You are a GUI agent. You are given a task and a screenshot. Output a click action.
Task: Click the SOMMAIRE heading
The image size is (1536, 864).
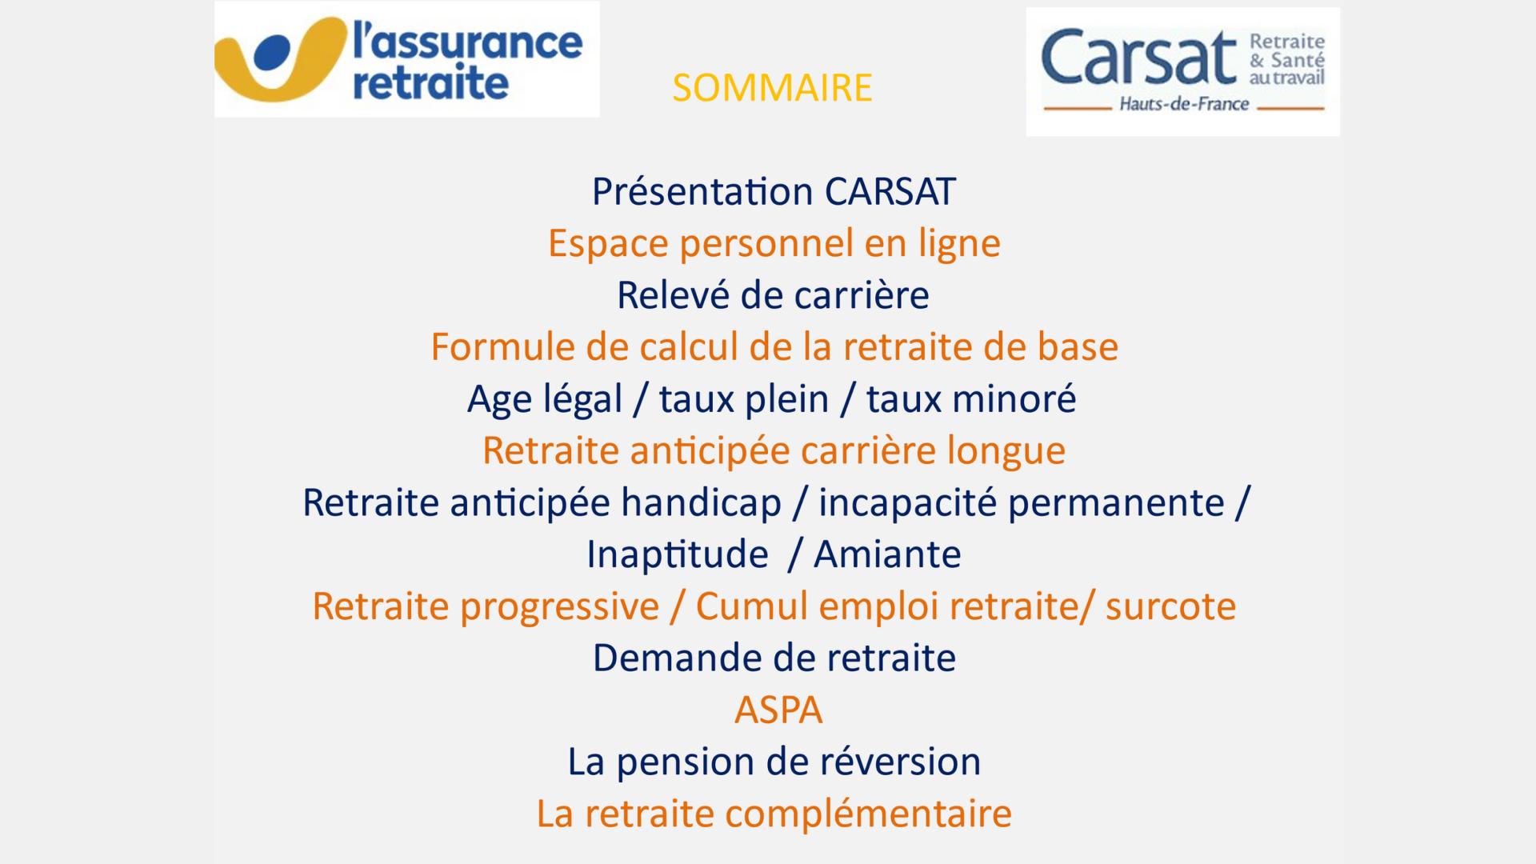(772, 88)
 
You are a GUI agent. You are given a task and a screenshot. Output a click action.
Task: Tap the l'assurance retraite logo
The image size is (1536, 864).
(406, 59)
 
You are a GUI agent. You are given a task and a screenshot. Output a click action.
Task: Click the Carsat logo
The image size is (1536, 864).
(1182, 72)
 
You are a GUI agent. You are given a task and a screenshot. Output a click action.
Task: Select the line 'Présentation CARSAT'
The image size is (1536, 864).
(774, 192)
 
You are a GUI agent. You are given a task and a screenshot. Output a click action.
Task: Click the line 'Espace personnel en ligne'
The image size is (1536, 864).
(774, 244)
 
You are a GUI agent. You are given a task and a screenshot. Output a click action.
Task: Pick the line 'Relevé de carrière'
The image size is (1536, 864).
(773, 295)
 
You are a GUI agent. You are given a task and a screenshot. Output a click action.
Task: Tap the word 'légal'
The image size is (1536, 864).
(582, 399)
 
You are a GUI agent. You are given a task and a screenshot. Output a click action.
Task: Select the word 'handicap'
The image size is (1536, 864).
(702, 503)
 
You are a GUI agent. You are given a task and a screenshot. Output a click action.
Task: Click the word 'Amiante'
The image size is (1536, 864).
(887, 554)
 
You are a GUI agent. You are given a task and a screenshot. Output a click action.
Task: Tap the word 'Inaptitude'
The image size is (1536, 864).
(678, 554)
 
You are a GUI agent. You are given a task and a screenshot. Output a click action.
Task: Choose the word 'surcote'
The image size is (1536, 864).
(1171, 606)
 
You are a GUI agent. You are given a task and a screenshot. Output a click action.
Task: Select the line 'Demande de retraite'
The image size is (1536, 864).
(774, 658)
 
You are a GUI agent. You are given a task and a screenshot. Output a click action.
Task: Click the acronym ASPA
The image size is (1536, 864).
(778, 710)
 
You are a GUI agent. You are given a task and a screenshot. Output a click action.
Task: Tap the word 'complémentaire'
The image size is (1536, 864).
(869, 814)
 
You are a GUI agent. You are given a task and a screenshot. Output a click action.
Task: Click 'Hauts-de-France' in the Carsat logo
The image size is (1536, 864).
(1183, 104)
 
